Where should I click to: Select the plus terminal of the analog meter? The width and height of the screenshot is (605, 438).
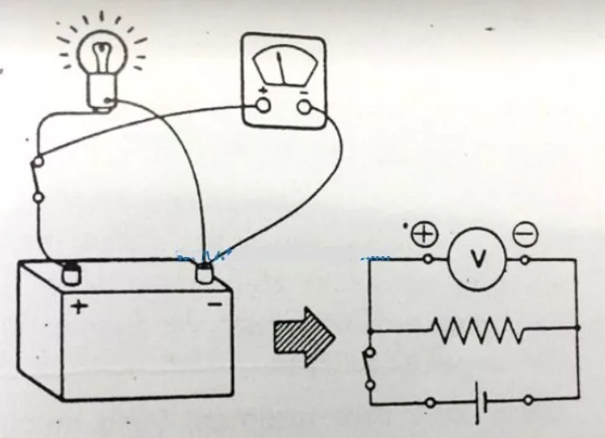pyautogui.click(x=263, y=105)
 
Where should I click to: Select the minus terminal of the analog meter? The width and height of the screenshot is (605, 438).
pyautogui.click(x=305, y=108)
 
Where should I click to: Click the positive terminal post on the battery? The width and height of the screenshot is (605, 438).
pyautogui.click(x=72, y=273)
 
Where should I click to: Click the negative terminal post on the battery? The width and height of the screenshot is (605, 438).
pyautogui.click(x=204, y=273)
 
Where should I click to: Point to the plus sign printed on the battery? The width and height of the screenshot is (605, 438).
pyautogui.click(x=79, y=307)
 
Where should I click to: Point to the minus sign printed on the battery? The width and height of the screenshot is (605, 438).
pyautogui.click(x=215, y=305)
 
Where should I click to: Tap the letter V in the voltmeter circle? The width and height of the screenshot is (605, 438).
pyautogui.click(x=478, y=259)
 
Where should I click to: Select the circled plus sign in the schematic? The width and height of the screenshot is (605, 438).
pyautogui.click(x=425, y=234)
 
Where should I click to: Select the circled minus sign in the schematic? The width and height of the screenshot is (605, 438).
pyautogui.click(x=525, y=234)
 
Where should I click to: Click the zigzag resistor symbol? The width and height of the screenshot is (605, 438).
pyautogui.click(x=478, y=330)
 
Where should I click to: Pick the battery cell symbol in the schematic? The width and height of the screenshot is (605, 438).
pyautogui.click(x=481, y=402)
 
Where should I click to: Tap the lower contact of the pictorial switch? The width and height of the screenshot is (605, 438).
pyautogui.click(x=38, y=198)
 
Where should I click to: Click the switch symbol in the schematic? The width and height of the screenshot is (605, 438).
pyautogui.click(x=369, y=369)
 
